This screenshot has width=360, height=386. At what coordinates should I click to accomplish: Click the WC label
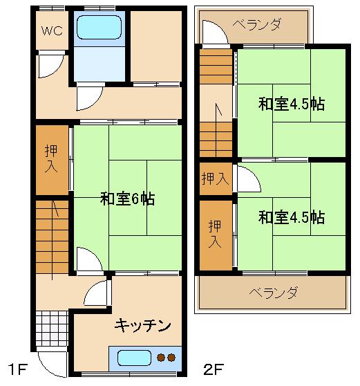pos(52,30)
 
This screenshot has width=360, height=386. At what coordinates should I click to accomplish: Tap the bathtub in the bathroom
pos(99,28)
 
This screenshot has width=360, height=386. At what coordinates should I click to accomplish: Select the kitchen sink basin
pos(134,358)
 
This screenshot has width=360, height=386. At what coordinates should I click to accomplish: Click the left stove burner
pos(161,358)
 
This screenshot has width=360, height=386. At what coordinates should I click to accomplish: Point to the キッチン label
pos(142,325)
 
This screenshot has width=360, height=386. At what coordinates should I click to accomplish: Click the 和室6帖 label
pos(127,199)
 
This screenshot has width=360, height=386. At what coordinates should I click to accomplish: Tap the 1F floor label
pos(18,369)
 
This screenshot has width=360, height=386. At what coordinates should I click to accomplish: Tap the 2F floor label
pos(214,369)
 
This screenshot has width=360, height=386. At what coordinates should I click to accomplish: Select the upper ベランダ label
pos(256,25)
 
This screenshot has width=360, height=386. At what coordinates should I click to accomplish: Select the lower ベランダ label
pos(273,293)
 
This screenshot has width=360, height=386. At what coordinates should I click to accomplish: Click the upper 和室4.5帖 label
pos(292,104)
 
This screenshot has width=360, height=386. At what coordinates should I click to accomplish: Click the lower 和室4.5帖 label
pos(292,217)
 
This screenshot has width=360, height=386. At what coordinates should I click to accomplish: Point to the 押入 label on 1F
pos(51,158)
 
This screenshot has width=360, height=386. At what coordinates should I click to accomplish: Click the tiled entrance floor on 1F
pos(52,329)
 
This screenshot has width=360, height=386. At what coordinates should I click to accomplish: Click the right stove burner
pos(171,358)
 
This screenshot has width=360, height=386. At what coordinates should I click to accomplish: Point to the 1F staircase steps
pos(52,237)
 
